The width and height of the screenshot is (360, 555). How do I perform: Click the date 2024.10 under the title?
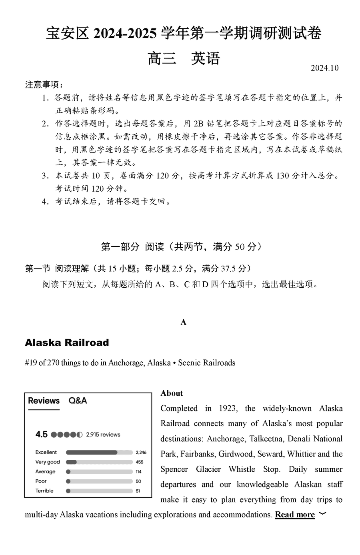(x=324, y=68)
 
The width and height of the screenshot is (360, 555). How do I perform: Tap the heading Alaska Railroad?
(x=67, y=343)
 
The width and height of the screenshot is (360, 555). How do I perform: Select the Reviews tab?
(x=44, y=401)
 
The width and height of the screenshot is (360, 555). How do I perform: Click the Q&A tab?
(x=78, y=401)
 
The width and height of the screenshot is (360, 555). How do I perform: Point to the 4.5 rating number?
(x=41, y=435)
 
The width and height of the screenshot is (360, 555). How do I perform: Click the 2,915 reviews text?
(x=103, y=435)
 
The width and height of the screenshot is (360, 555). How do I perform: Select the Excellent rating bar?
(x=99, y=453)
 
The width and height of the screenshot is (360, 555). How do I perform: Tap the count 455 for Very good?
(x=139, y=462)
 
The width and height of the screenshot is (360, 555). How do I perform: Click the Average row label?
(x=45, y=472)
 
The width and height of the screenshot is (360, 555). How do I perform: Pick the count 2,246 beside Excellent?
(x=141, y=453)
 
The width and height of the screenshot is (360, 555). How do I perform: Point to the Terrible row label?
(x=44, y=491)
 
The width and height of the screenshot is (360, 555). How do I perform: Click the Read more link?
(x=295, y=515)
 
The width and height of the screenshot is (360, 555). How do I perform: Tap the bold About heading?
(x=172, y=393)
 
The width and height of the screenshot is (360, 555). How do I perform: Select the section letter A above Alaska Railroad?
(x=184, y=322)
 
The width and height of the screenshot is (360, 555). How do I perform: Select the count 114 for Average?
(x=139, y=472)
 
